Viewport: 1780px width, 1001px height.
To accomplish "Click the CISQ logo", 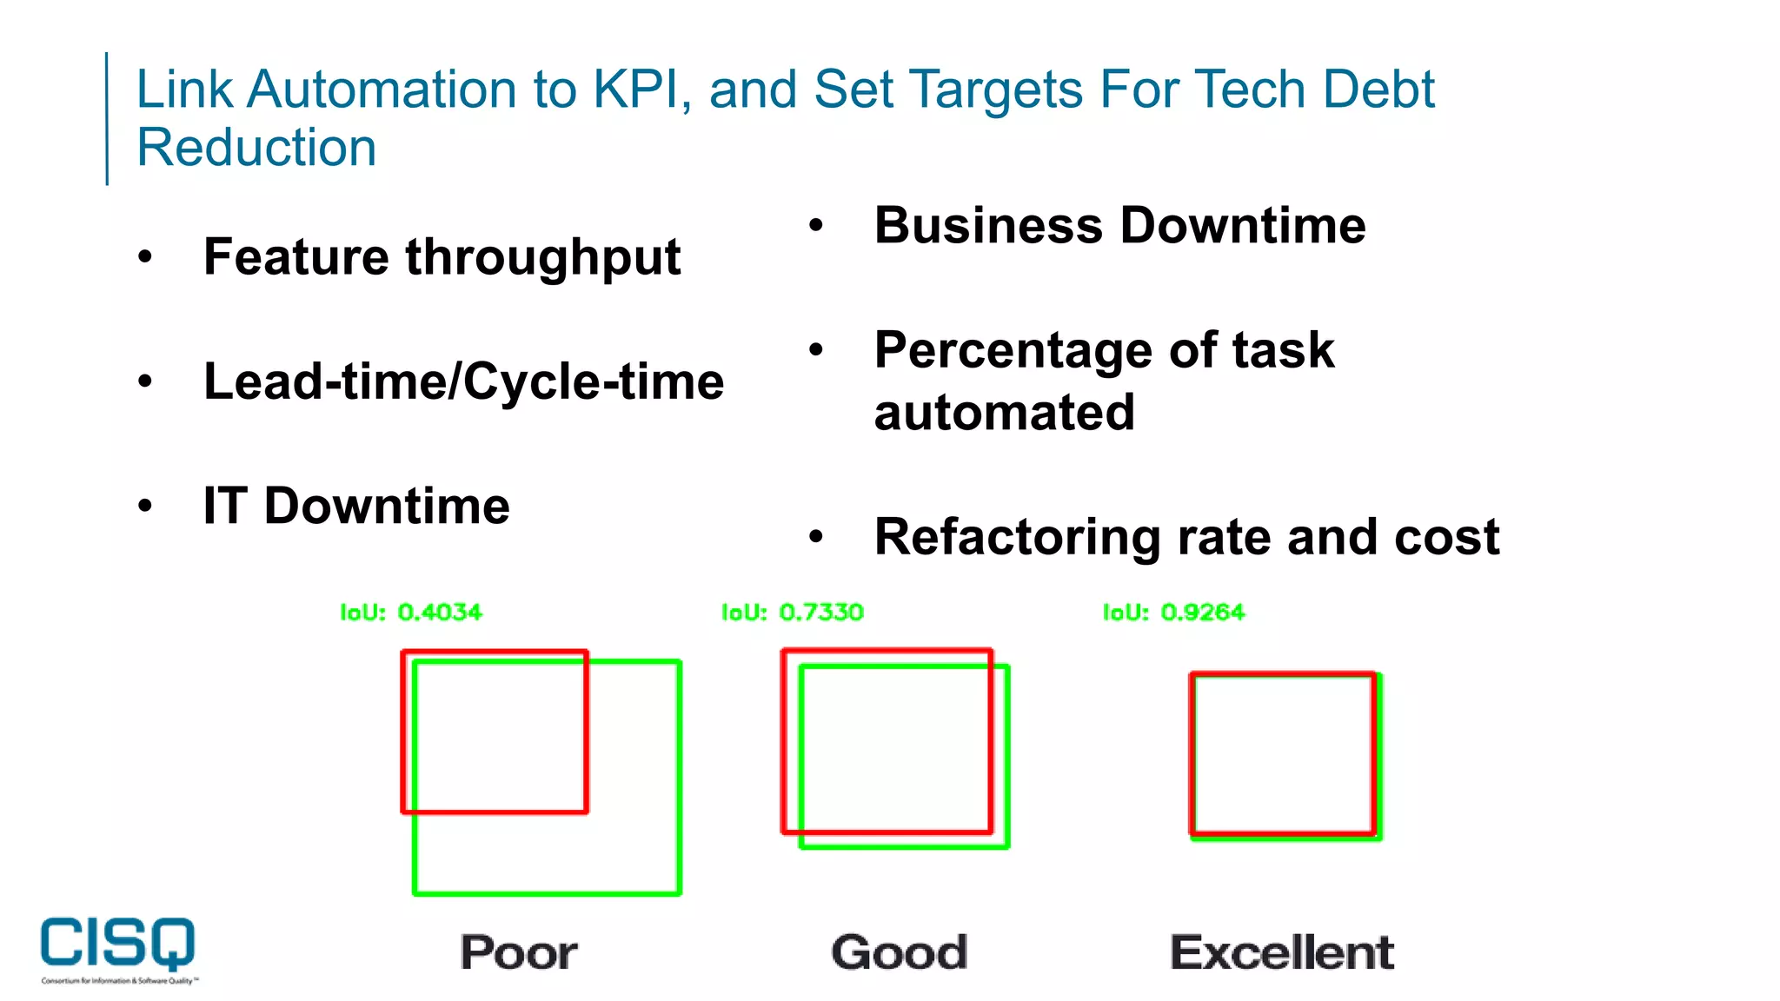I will point(118,945).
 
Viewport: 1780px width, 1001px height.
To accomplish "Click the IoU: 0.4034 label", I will point(410,613).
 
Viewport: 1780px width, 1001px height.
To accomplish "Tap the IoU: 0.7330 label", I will point(792,613).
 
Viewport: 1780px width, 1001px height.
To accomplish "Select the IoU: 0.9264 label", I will point(1173,613).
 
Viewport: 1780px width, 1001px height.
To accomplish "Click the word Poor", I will point(518,952).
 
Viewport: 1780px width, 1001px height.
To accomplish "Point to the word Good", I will point(899,952).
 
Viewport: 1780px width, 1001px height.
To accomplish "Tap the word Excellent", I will point(1281,952).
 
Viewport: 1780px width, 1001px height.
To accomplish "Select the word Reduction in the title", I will point(256,148).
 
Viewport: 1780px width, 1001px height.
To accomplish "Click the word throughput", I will point(542,258).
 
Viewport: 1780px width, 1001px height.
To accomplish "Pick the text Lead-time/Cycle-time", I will point(463,381).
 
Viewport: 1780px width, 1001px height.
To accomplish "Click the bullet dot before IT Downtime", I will point(145,506).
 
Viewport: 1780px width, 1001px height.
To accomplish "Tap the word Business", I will point(988,226).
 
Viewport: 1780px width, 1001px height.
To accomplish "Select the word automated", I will point(1004,412).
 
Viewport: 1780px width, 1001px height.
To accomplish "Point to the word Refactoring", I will point(1017,537).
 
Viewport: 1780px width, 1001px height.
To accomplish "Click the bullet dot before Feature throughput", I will point(145,257).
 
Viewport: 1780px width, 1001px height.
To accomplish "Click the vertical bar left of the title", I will point(107,118).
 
